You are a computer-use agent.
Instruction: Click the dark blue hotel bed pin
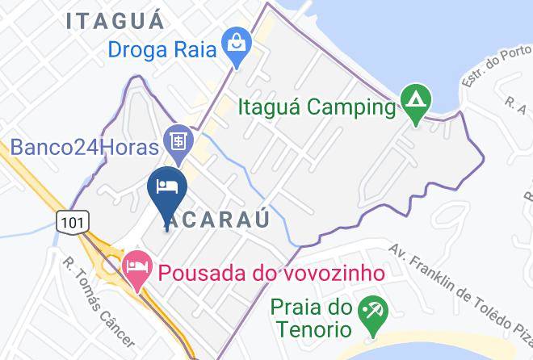click(167, 188)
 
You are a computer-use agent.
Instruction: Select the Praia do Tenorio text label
click(312, 319)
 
